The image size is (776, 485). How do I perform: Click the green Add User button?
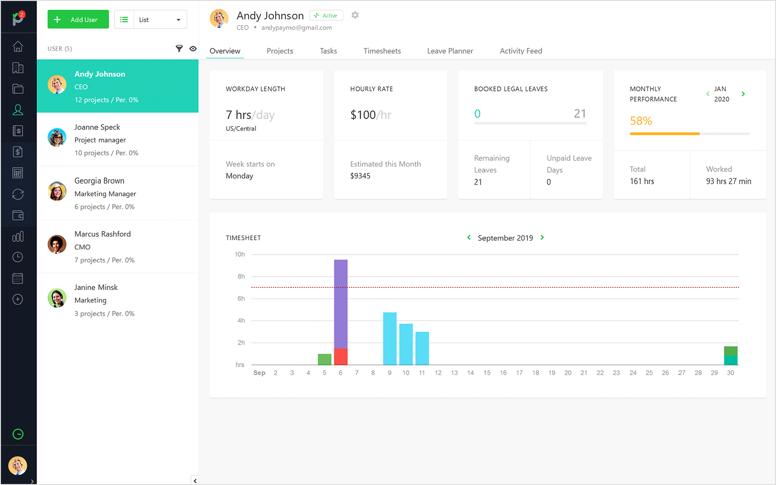pyautogui.click(x=78, y=19)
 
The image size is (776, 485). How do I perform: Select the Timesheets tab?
pyautogui.click(x=382, y=51)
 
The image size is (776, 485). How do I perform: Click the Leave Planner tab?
pyautogui.click(x=450, y=51)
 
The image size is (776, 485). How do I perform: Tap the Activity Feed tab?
pyautogui.click(x=521, y=51)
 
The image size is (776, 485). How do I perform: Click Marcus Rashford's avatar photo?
pyautogui.click(x=57, y=245)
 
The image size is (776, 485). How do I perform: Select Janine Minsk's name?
pyautogui.click(x=96, y=287)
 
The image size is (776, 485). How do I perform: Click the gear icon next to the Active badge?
pyautogui.click(x=355, y=15)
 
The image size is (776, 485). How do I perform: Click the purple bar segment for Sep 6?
pyautogui.click(x=341, y=304)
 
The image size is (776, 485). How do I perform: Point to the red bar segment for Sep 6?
pyautogui.click(x=341, y=357)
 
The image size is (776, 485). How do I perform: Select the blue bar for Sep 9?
pyautogui.click(x=390, y=339)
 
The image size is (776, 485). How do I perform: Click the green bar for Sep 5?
pyautogui.click(x=325, y=359)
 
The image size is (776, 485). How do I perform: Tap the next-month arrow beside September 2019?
pyautogui.click(x=542, y=237)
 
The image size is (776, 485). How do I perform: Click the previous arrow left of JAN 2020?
pyautogui.click(x=708, y=94)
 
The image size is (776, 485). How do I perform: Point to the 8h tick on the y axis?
pyautogui.click(x=241, y=276)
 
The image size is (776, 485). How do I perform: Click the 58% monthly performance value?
pyautogui.click(x=641, y=121)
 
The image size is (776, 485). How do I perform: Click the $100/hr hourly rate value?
pyautogui.click(x=370, y=115)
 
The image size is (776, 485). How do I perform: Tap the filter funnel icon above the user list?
pyautogui.click(x=179, y=48)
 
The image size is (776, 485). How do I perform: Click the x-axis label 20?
pyautogui.click(x=568, y=373)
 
